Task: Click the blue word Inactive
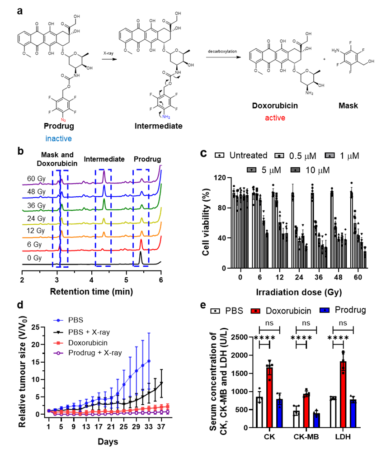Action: pos(58,139)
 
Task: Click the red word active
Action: pos(275,118)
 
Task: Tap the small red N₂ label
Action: pos(63,120)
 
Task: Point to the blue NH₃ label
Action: pos(166,117)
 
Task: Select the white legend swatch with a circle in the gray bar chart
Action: pos(219,155)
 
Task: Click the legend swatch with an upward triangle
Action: pos(330,156)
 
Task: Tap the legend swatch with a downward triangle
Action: pos(251,170)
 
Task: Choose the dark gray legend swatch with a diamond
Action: pos(295,170)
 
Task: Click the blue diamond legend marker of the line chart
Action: pos(58,320)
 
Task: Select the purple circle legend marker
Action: pos(58,353)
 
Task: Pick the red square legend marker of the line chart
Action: pos(58,343)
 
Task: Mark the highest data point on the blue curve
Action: pos(149,361)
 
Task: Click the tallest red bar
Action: pos(343,398)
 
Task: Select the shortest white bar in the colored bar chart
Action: pos(296,421)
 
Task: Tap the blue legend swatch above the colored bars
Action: pos(324,310)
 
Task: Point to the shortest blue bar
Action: pos(316,421)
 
